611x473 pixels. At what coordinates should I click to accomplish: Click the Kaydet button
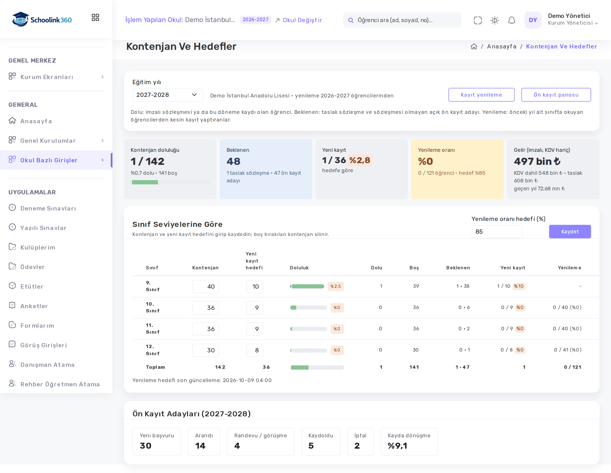(x=570, y=231)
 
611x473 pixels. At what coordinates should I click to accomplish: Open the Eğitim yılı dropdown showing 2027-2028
(x=167, y=95)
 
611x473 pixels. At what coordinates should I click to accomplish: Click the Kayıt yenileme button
(x=481, y=95)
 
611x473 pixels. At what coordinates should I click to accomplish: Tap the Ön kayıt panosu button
(x=556, y=95)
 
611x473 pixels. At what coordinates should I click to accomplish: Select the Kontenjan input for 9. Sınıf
(x=205, y=286)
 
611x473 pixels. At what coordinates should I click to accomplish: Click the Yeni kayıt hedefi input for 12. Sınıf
(x=254, y=350)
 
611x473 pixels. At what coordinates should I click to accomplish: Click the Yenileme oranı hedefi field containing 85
(x=497, y=232)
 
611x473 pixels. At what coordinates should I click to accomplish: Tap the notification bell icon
(x=511, y=20)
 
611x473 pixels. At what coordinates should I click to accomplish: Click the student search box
(x=402, y=20)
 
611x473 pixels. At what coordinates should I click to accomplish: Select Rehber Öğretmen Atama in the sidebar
(x=54, y=384)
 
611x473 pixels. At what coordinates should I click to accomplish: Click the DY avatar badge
(x=533, y=20)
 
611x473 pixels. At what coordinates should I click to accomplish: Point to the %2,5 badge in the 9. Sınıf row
(x=336, y=286)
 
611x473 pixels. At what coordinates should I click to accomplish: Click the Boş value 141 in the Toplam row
(x=414, y=367)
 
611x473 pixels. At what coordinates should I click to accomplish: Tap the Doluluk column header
(x=299, y=268)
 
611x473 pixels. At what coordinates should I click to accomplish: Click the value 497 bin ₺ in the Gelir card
(x=537, y=161)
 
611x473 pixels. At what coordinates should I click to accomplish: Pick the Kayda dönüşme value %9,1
(x=397, y=446)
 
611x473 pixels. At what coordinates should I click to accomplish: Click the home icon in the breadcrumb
(x=474, y=46)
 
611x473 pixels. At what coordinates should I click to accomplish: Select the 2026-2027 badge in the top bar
(x=255, y=20)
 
